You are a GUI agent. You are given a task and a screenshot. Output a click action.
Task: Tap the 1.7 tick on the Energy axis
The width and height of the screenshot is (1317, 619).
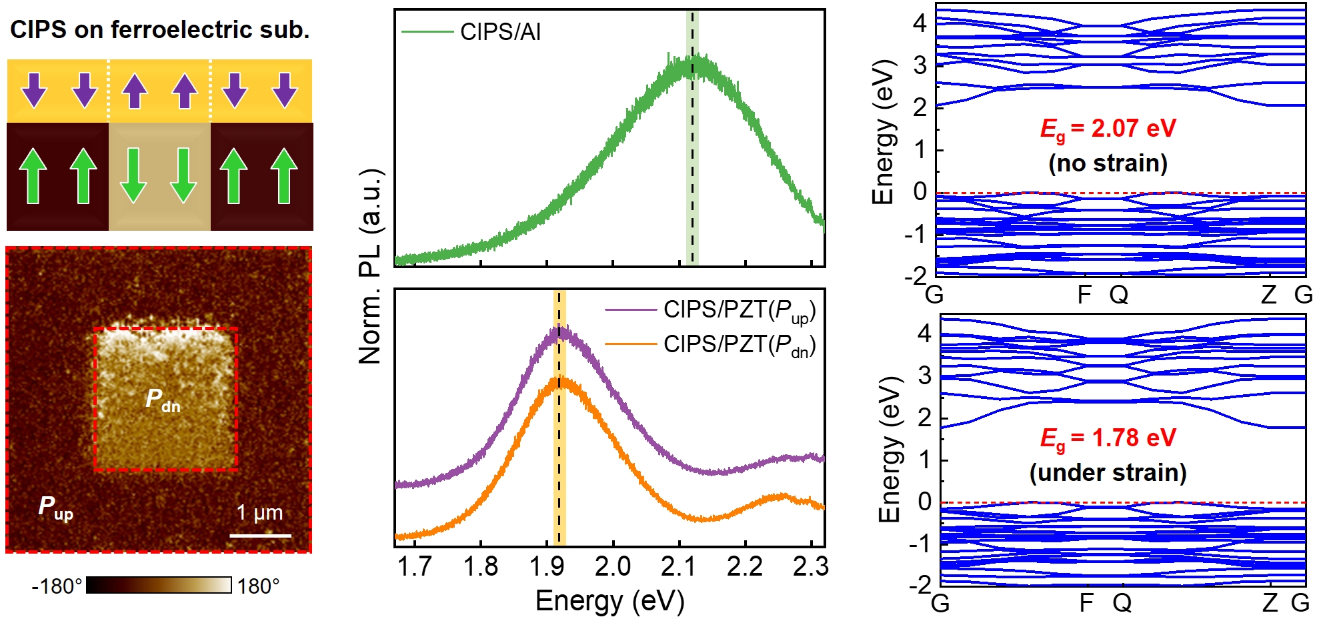(x=415, y=566)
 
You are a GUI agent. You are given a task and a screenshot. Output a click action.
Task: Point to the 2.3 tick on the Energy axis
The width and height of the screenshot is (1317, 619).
(x=810, y=566)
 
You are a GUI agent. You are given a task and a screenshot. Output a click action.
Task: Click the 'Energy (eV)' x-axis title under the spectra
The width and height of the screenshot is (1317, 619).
(x=609, y=601)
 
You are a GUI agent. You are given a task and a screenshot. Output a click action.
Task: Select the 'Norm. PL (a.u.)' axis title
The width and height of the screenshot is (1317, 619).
(x=371, y=267)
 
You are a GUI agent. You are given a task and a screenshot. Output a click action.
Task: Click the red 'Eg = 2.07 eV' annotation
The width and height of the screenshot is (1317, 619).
(x=1108, y=128)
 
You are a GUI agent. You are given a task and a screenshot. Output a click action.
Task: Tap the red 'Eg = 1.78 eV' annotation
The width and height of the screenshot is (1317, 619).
(x=1108, y=438)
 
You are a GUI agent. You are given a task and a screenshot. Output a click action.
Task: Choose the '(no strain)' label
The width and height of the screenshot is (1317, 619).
(x=1108, y=163)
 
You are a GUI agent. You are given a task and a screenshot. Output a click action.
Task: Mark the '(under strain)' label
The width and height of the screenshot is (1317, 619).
(x=1108, y=473)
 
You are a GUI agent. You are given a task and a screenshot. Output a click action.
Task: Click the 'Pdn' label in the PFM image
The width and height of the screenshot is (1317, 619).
(x=163, y=400)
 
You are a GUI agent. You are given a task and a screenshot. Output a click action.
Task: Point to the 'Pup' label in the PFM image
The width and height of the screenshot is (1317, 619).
(x=55, y=508)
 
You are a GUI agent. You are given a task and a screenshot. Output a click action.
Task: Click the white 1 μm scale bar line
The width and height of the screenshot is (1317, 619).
(x=261, y=535)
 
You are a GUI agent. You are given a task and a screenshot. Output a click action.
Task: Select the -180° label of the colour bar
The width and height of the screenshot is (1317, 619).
(x=57, y=586)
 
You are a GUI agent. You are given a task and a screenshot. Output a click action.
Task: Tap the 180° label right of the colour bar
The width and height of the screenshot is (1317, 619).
(x=259, y=586)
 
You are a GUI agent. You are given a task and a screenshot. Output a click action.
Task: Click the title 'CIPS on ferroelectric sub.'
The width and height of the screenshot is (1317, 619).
(x=160, y=30)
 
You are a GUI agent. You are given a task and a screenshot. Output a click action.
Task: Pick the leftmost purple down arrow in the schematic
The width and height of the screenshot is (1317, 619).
(x=34, y=90)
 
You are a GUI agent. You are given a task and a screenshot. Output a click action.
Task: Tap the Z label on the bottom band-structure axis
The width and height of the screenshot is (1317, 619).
(x=1270, y=603)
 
